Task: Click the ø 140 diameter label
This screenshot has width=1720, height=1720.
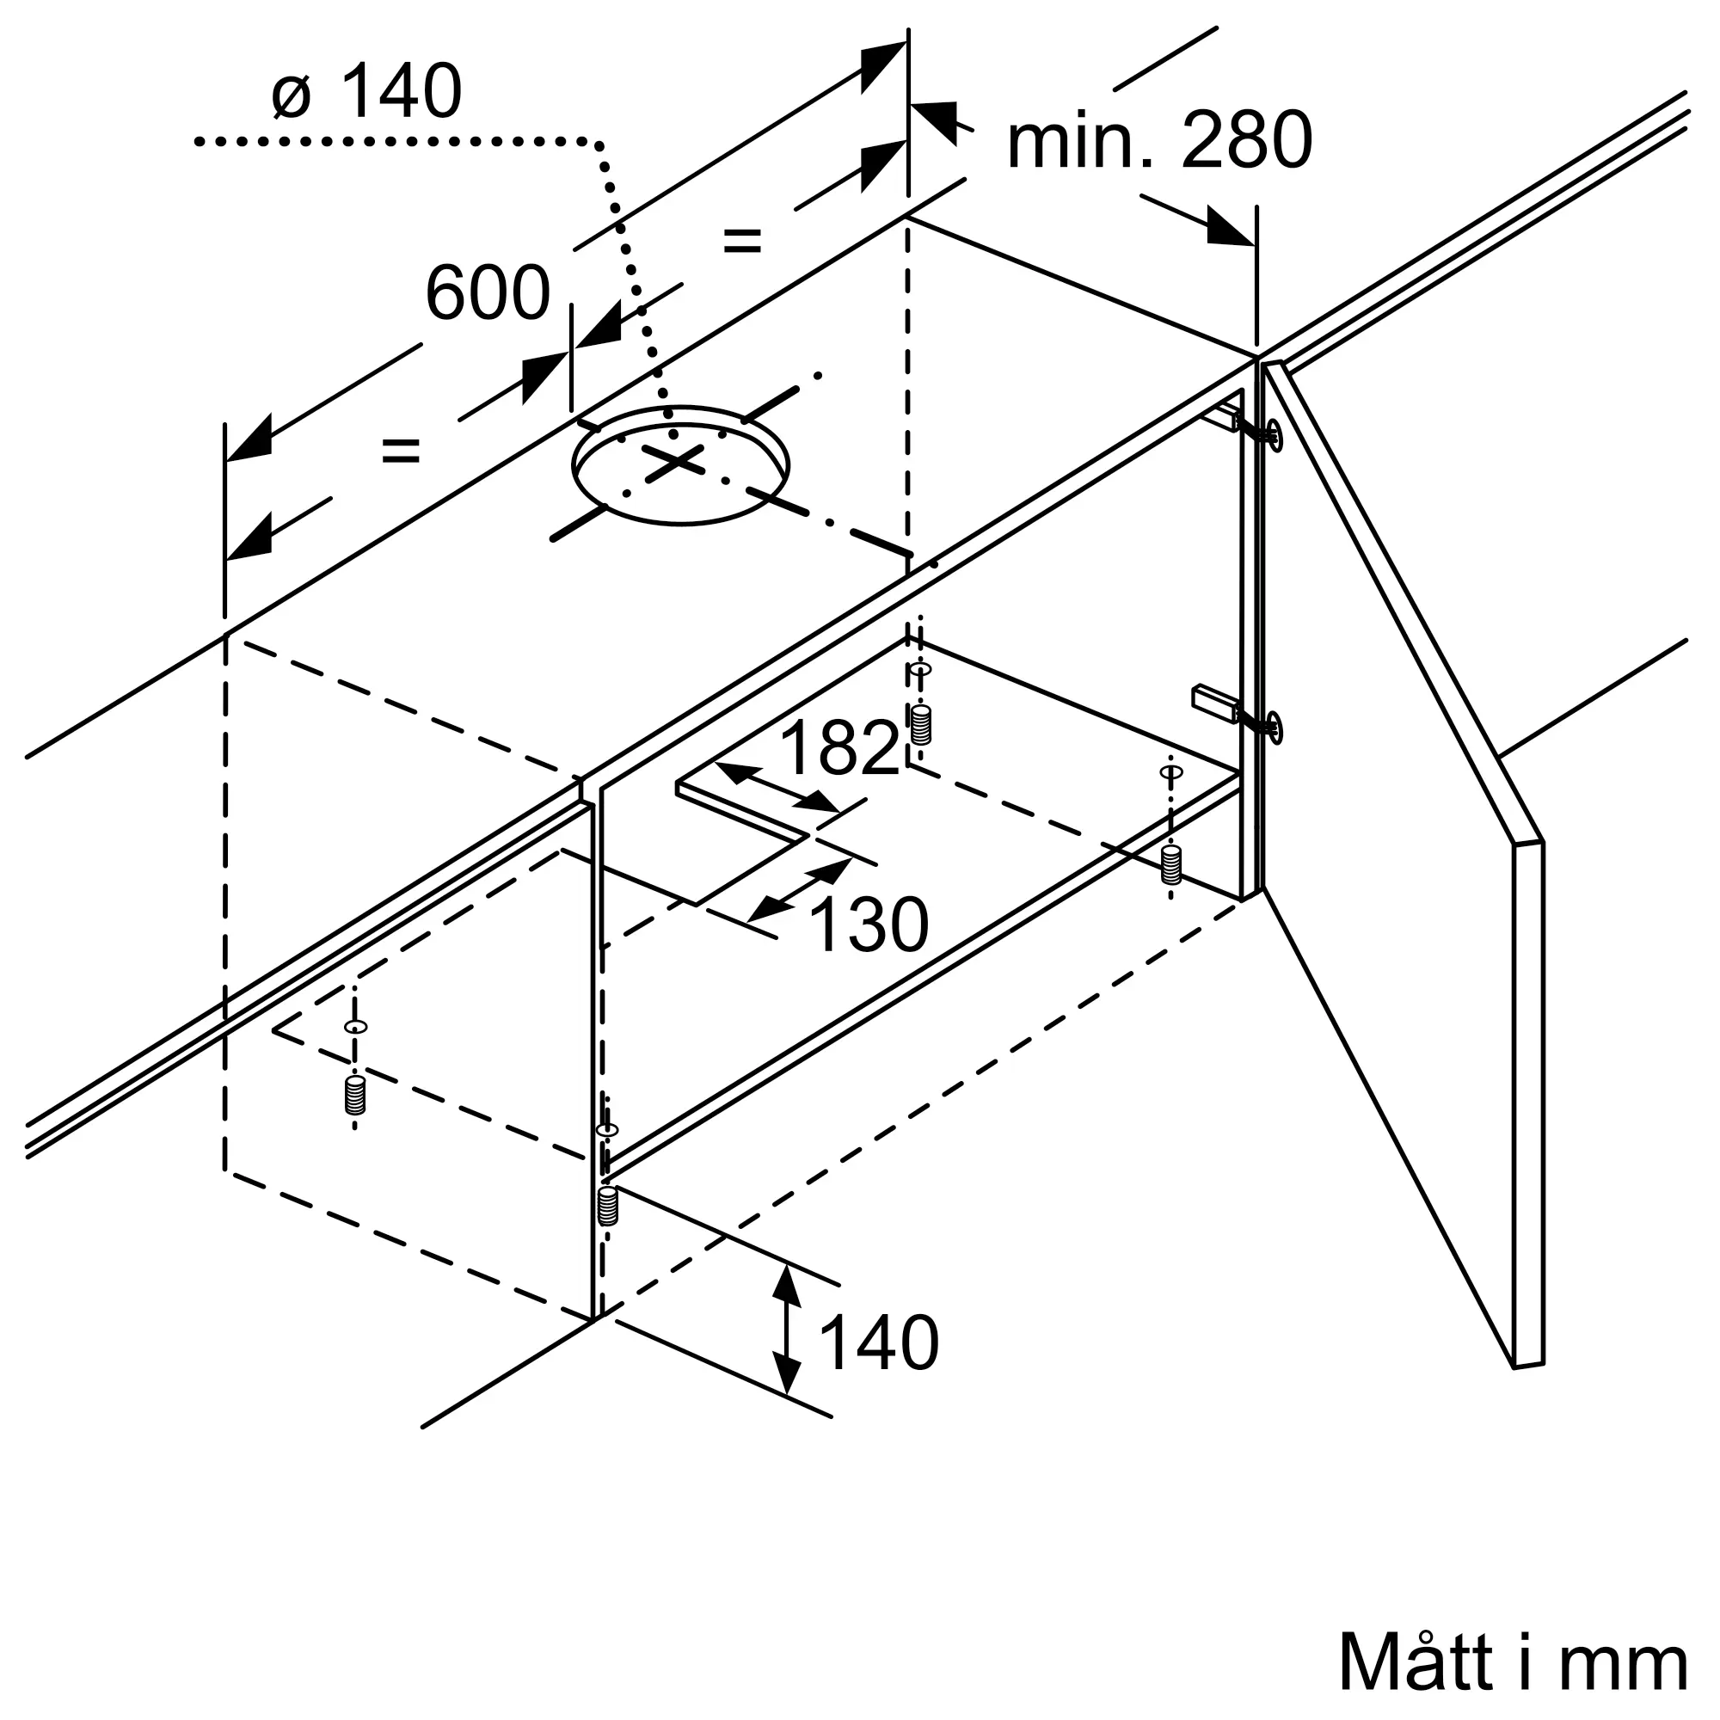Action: (367, 91)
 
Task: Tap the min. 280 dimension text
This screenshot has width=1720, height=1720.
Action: (1159, 140)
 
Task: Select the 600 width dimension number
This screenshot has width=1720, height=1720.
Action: (488, 293)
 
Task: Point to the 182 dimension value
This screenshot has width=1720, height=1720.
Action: (839, 747)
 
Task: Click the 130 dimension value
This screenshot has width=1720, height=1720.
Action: (869, 925)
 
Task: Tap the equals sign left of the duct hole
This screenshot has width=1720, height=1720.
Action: (400, 451)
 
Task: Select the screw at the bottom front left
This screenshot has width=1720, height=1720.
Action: (355, 1095)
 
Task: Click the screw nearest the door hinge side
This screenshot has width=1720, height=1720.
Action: (1171, 864)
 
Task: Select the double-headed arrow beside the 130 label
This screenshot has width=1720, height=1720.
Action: (801, 889)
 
